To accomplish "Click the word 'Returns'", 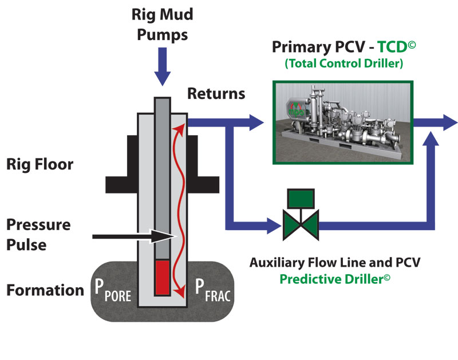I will tap(216, 93).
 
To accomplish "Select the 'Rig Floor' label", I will tap(40, 165).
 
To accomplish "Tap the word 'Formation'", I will tap(45, 290).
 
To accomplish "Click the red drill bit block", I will tap(162, 278).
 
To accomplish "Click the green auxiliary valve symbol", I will tap(300, 223).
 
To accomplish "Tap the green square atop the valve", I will tap(300, 198).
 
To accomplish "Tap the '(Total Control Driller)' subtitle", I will tap(343, 63).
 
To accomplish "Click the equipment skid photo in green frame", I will tap(342, 122).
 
